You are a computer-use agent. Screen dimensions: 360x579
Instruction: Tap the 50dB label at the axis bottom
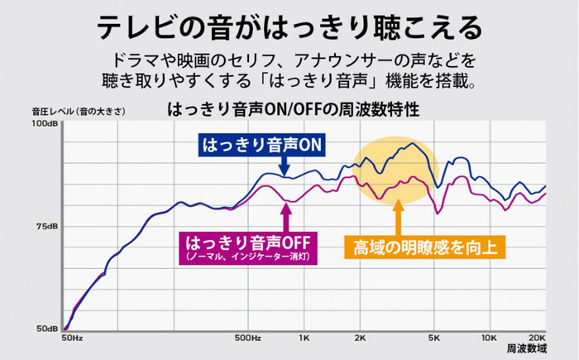click(x=46, y=329)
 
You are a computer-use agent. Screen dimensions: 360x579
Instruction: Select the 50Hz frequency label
click(x=72, y=338)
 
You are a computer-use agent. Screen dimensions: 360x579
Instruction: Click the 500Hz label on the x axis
click(x=248, y=338)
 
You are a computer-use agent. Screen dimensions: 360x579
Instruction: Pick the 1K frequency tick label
click(x=304, y=338)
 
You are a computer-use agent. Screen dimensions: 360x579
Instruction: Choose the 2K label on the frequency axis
click(x=360, y=338)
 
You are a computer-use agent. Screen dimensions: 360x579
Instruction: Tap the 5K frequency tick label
click(x=434, y=338)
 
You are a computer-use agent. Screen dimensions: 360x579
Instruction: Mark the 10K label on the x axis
click(x=489, y=338)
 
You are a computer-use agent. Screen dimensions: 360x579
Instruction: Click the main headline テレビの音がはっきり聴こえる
click(x=289, y=27)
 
